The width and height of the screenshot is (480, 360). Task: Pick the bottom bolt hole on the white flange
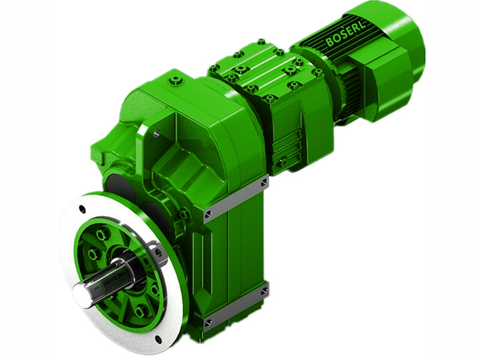click(157, 339)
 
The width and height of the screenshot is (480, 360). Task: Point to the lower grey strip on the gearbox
click(236, 307)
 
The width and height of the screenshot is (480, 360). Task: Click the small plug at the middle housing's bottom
click(282, 163)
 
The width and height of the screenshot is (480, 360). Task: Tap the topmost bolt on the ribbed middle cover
click(261, 41)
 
